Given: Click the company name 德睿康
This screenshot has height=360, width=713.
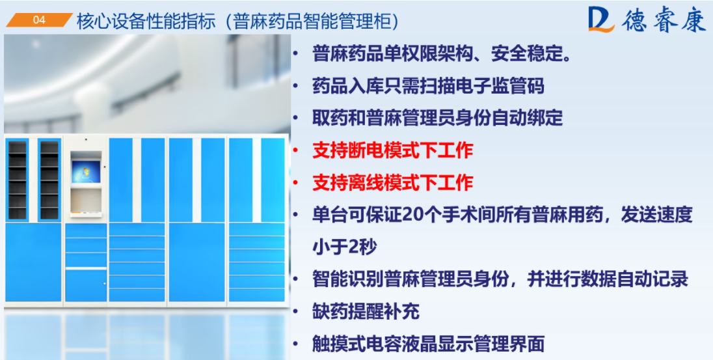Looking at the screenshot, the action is [x=664, y=20].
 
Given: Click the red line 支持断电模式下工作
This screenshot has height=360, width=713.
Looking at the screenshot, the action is [x=393, y=150].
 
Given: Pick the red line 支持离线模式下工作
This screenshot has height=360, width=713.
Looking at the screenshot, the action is [x=393, y=183].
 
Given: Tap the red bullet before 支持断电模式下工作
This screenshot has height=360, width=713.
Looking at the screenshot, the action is [x=296, y=150].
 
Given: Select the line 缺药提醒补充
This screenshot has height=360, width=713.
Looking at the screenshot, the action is [x=366, y=312].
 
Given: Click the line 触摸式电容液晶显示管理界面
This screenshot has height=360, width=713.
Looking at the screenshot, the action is [x=428, y=344].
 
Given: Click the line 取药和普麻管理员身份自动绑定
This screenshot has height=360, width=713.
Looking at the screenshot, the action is [x=437, y=118].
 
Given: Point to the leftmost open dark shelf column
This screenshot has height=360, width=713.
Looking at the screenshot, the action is [x=18, y=180].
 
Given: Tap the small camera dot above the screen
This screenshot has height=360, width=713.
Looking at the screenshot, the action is [x=85, y=139].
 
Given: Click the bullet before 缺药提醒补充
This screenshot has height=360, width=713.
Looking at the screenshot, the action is [x=296, y=312].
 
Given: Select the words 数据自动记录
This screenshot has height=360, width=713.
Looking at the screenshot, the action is [x=634, y=280].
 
